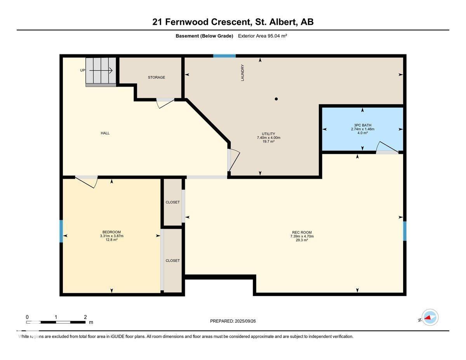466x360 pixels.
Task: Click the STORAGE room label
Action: (x=156, y=77)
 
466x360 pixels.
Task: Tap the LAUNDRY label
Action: (x=243, y=73)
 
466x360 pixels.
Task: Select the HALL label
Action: (x=105, y=133)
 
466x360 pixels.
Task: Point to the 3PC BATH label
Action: (x=363, y=125)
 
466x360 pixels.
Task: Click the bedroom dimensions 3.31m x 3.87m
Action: (x=112, y=236)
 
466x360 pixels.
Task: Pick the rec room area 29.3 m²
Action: (x=302, y=240)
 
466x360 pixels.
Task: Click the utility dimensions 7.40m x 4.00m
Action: (x=268, y=137)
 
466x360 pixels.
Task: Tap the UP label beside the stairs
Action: (x=83, y=70)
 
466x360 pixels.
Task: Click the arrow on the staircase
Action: (x=101, y=70)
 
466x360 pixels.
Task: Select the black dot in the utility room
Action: (x=276, y=99)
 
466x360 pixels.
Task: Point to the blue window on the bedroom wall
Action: (x=61, y=231)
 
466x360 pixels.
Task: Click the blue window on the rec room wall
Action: (x=405, y=231)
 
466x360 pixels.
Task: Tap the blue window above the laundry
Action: (x=224, y=56)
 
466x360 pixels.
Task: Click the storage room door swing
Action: (x=165, y=103)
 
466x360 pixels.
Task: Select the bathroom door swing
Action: (x=387, y=148)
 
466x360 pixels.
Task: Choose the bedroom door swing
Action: (x=87, y=182)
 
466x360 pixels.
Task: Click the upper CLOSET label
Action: (x=173, y=202)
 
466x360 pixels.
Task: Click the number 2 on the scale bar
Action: (x=85, y=317)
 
